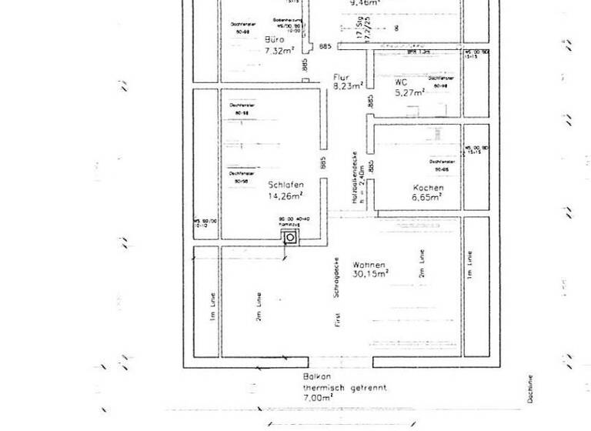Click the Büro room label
click(274, 39)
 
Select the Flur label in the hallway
click(341, 77)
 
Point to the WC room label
click(400, 82)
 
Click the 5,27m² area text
click(409, 92)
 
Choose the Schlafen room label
click(285, 185)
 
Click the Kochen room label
click(428, 188)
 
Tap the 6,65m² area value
click(426, 198)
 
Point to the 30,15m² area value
click(371, 273)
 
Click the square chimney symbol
click(290, 238)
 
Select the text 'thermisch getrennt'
click(343, 389)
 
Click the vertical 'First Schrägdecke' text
click(336, 292)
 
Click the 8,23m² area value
click(347, 87)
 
